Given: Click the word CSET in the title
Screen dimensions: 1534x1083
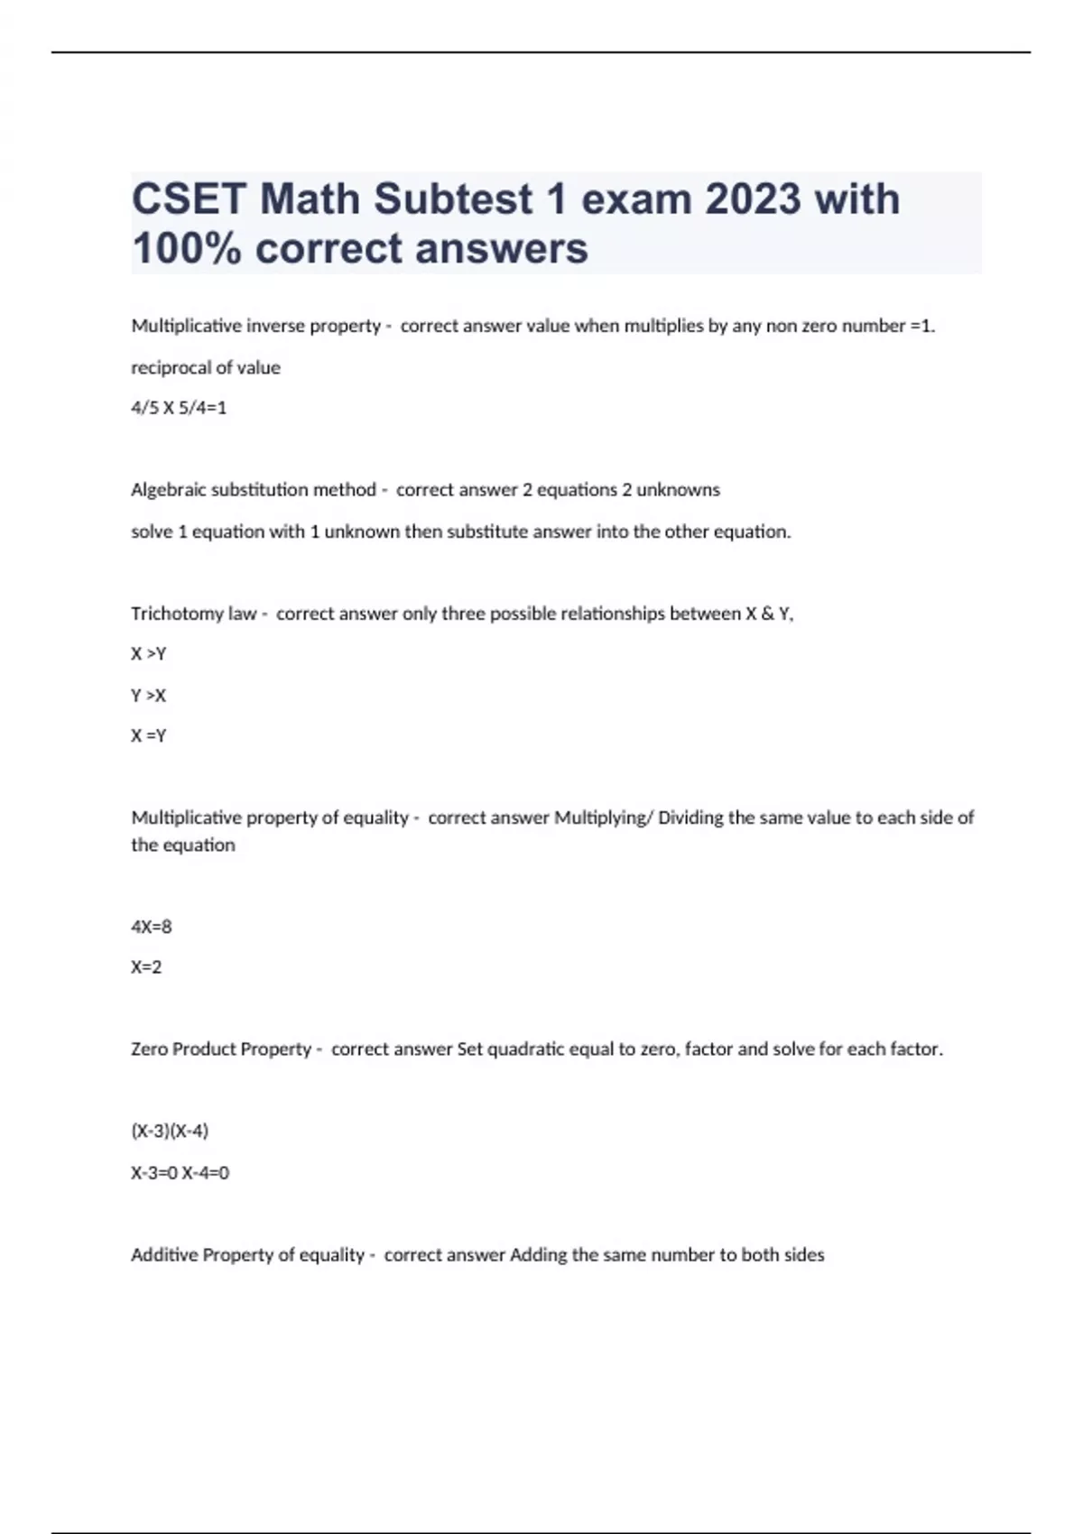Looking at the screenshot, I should tap(188, 199).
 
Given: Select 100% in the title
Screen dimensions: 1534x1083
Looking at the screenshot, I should tap(186, 249).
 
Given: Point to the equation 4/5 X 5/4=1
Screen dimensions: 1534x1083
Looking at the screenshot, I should tap(179, 408).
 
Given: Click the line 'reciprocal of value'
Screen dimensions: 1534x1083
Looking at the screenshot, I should tap(206, 367).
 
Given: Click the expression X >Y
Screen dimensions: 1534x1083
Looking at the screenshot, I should tap(149, 654).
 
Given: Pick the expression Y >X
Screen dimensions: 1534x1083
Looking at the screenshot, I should tap(149, 696).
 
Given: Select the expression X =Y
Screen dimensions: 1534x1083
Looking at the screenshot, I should tap(149, 736).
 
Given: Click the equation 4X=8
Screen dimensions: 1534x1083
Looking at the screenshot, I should tap(152, 927).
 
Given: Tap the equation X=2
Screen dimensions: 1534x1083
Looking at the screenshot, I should tap(146, 967).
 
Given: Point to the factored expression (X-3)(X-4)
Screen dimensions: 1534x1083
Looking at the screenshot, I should tap(170, 1131).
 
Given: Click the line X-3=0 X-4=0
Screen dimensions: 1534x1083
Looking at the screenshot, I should tap(180, 1173).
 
